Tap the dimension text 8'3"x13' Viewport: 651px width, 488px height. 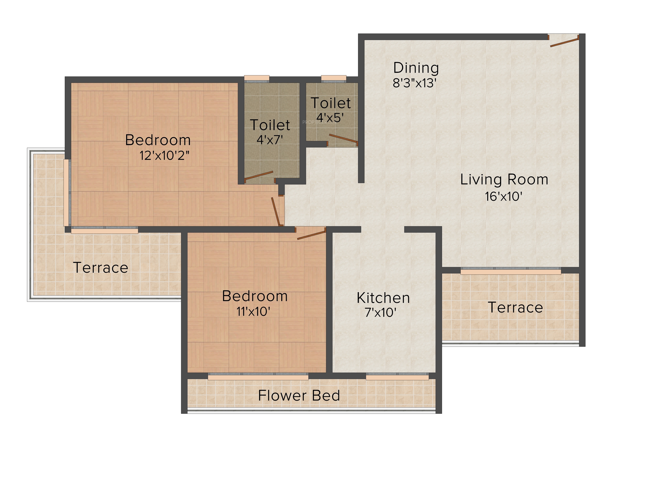pos(414,83)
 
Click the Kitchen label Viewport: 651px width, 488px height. pos(383,298)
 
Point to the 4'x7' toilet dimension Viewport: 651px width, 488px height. pos(270,140)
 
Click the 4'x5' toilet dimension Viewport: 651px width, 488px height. pos(330,118)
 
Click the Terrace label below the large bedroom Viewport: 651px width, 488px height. pos(101,268)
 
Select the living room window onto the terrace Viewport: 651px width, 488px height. pos(511,271)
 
